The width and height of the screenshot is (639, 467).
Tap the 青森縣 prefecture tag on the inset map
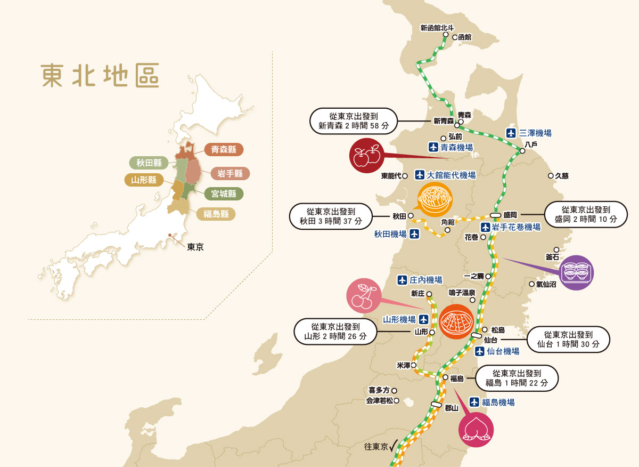click(x=224, y=150)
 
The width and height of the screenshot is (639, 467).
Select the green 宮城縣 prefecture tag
click(x=224, y=194)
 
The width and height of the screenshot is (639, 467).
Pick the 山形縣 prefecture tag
click(x=144, y=180)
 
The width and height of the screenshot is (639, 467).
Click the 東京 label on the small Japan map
click(x=195, y=247)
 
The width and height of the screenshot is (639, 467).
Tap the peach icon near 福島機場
click(x=476, y=429)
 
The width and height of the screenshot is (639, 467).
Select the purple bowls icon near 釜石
click(x=577, y=273)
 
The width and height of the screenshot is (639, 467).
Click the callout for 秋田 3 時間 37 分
click(x=330, y=216)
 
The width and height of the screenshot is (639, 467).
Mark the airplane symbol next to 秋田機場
click(x=414, y=233)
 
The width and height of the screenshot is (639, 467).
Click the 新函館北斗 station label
click(x=437, y=28)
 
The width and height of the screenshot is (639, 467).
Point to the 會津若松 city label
click(x=379, y=401)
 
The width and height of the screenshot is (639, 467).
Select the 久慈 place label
click(x=562, y=175)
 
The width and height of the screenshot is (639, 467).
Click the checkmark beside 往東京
click(x=395, y=446)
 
